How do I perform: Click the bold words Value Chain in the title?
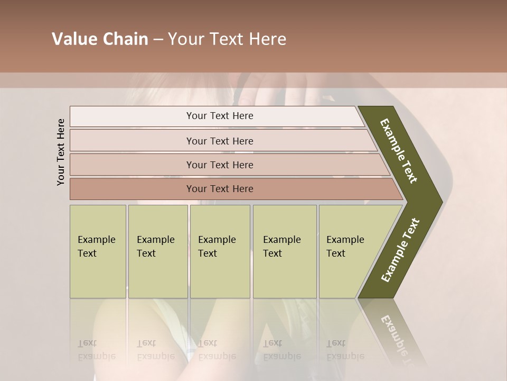[100, 40]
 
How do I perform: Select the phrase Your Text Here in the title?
[227, 40]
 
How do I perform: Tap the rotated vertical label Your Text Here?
[61, 152]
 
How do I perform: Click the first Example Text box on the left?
[98, 251]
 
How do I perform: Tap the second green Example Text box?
[157, 251]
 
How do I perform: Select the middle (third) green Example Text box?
[220, 251]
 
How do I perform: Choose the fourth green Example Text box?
[285, 251]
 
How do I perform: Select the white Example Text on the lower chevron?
[400, 250]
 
